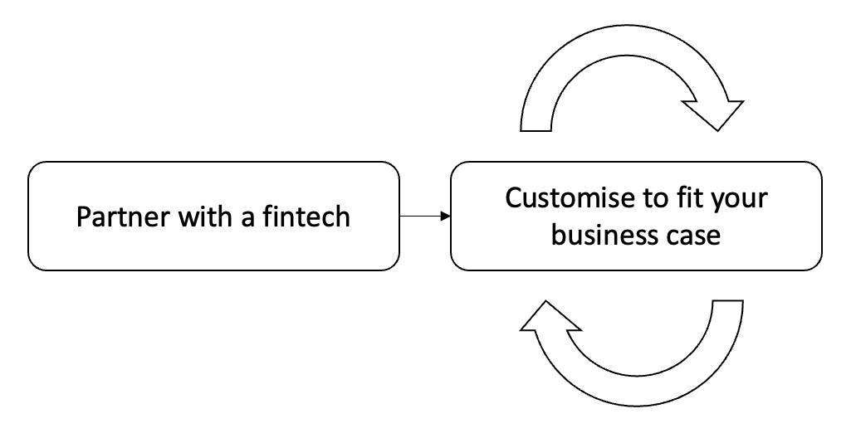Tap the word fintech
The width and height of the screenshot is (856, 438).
click(307, 217)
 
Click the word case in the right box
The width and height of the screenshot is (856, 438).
click(694, 236)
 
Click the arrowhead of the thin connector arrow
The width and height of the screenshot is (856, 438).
click(446, 217)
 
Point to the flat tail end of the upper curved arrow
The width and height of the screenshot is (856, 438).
click(536, 129)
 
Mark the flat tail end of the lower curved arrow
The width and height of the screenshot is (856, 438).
click(727, 303)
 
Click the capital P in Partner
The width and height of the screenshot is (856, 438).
click(83, 217)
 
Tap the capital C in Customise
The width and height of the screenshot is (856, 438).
click(514, 199)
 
